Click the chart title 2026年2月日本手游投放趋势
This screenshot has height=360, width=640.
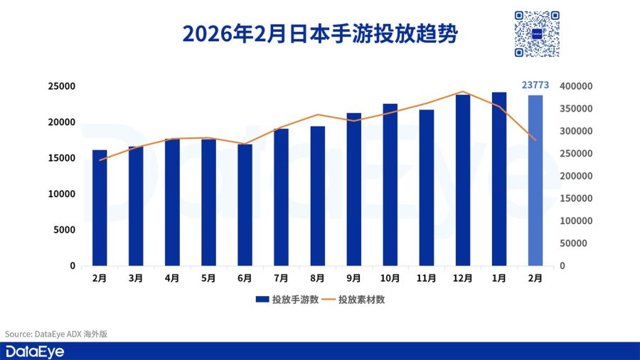click(x=319, y=33)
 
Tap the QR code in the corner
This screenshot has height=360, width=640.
click(x=537, y=33)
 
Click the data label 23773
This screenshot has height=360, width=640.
click(x=535, y=85)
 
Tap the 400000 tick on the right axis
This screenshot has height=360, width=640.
click(x=576, y=86)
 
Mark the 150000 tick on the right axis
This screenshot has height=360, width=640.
click(x=576, y=198)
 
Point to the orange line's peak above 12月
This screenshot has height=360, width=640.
click(x=463, y=92)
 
